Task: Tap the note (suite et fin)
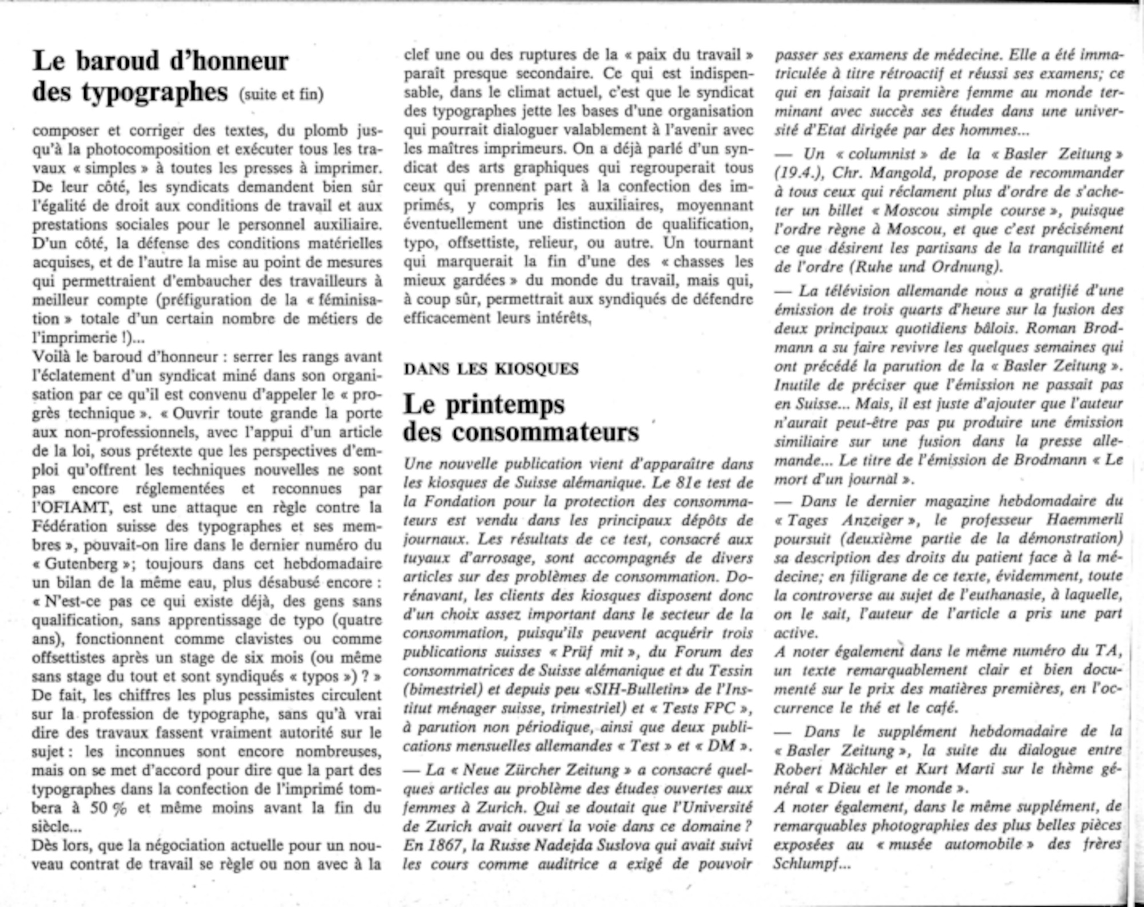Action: pos(281,94)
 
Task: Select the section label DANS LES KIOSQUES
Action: pos(491,369)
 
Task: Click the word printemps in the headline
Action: pos(505,405)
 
